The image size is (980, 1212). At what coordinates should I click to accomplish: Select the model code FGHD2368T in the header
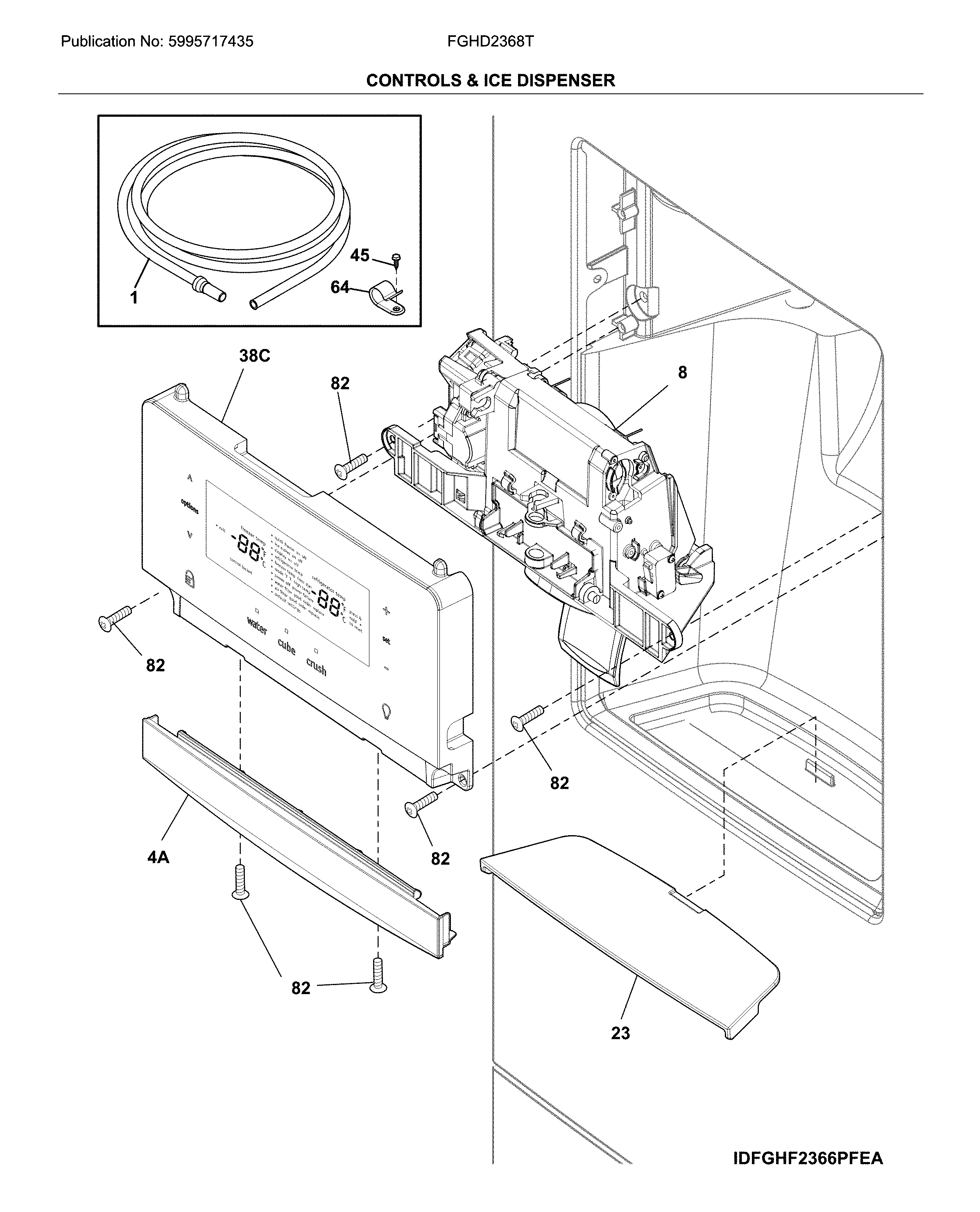489,42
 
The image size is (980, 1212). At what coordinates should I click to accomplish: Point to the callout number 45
360,256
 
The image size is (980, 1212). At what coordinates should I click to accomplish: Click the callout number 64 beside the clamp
340,288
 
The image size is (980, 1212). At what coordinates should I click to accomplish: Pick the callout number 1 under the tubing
134,297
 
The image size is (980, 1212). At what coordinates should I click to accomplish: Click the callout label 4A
158,857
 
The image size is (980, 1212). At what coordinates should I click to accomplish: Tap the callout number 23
620,1033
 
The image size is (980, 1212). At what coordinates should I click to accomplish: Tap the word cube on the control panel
286,647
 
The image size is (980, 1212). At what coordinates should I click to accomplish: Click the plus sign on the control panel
386,610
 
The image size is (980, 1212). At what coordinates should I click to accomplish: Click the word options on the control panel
190,506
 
